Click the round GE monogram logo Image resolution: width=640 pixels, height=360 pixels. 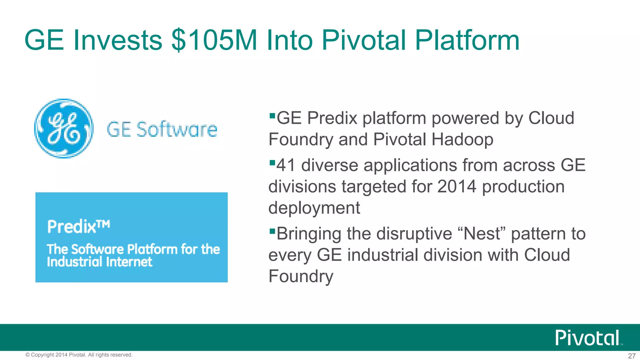pos(64,128)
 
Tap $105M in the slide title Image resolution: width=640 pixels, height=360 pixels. pos(214,40)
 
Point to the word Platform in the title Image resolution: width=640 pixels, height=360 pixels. pos(467,40)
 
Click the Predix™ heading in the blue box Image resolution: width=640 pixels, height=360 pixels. pos(78,226)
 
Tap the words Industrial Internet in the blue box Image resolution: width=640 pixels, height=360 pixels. pos(99,262)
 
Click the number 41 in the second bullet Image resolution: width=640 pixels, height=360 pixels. pos(286,165)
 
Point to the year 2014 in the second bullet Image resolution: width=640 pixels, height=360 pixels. pos(457,187)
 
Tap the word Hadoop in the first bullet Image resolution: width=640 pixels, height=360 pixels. pos(462,139)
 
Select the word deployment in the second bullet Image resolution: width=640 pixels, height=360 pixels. pos(314,208)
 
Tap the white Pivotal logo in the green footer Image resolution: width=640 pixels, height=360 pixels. pos(587,337)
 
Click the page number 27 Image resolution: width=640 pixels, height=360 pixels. pos(632,356)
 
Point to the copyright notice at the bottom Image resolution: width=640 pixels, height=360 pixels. pos(79,355)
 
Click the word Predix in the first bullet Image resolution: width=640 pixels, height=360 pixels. pos(332,118)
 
